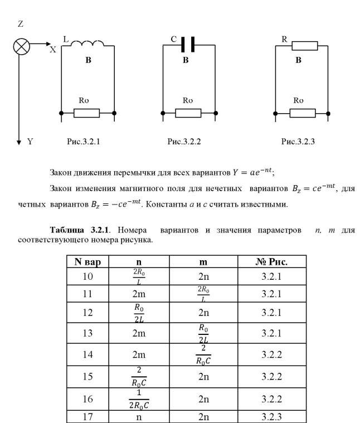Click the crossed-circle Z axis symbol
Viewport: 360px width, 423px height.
pos(21,47)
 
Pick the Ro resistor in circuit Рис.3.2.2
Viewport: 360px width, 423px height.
pos(188,113)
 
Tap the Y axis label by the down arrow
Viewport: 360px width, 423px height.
pos(31,142)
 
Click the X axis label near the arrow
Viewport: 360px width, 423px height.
pos(53,50)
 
